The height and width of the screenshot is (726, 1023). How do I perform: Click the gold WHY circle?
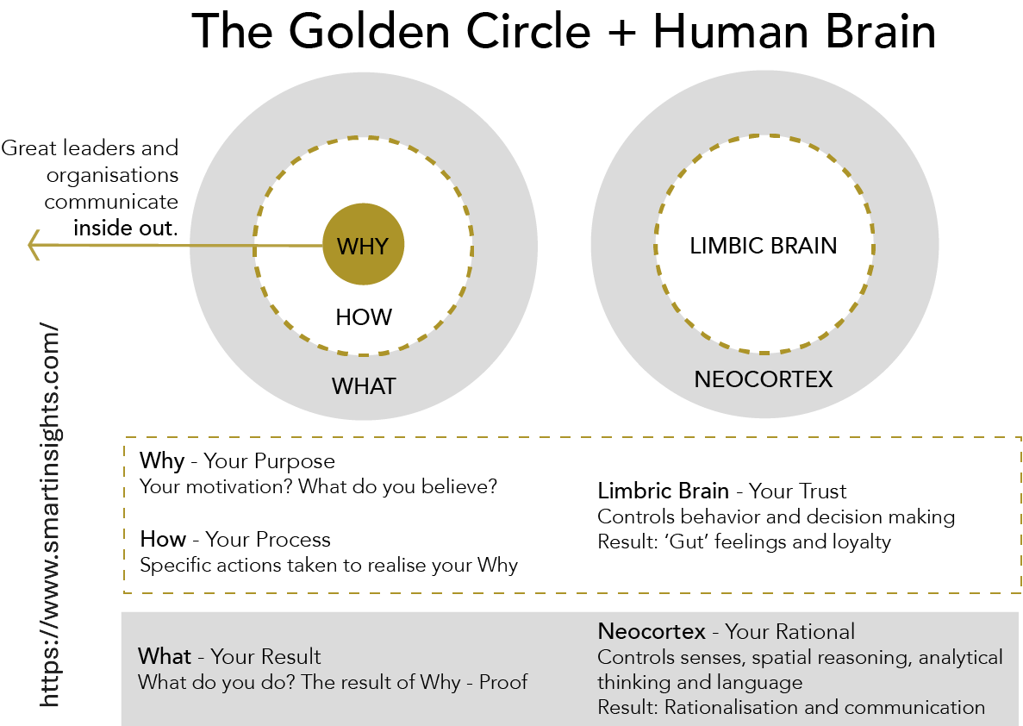coord(364,244)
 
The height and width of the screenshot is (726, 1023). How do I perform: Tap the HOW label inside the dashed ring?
coord(364,317)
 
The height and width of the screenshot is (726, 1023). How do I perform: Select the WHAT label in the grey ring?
coord(364,386)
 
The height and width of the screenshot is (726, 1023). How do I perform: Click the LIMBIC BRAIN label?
coord(764,246)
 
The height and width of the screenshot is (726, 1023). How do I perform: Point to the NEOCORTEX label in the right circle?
coord(764,379)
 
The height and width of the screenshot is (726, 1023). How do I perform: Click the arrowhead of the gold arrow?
coord(34,245)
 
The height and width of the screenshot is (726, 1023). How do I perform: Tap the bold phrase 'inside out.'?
coord(125,228)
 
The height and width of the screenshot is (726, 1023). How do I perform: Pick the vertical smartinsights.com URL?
coord(49,515)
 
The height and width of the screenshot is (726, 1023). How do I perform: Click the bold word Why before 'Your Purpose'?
coord(162,461)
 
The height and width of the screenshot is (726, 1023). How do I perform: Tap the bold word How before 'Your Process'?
coord(163,539)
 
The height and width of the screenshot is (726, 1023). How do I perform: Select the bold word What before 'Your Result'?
coord(165,656)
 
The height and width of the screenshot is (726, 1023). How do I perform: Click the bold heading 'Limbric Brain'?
coord(663,491)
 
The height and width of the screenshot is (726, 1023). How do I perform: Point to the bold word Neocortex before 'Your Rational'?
coord(652,631)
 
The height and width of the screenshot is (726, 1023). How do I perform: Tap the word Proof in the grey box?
coord(503,682)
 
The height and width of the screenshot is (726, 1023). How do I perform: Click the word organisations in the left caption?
coord(112,176)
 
